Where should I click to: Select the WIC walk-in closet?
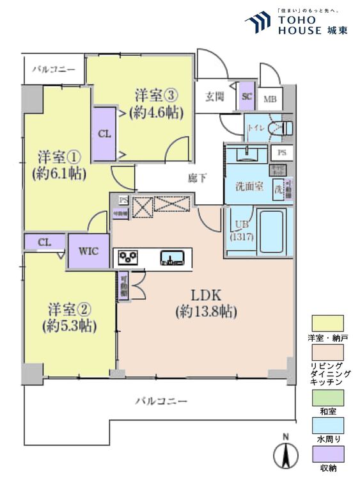tap(89, 251)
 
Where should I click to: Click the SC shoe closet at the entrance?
tap(247, 97)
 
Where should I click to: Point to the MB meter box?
tap(270, 99)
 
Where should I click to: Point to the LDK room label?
tap(206, 303)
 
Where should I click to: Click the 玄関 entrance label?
tap(215, 97)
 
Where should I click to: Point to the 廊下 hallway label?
tap(198, 179)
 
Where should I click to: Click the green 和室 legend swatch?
tap(327, 396)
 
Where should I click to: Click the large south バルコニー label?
tap(161, 401)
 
